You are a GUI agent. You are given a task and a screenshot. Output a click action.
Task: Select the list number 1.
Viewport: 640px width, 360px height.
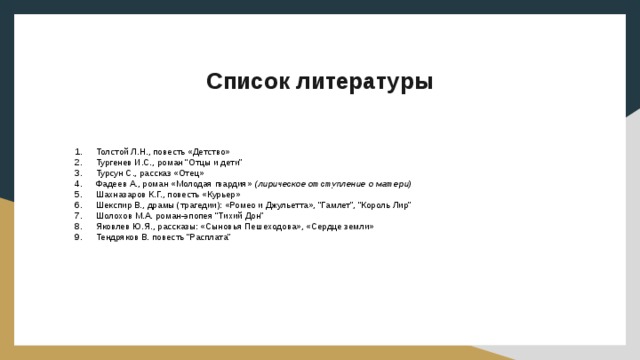click(x=79, y=151)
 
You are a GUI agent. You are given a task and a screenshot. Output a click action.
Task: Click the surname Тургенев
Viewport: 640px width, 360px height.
click(x=116, y=161)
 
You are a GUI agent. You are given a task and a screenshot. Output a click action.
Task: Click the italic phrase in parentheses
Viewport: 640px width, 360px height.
click(x=332, y=183)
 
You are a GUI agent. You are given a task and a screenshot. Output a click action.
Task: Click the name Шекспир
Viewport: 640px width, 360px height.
click(x=114, y=205)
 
